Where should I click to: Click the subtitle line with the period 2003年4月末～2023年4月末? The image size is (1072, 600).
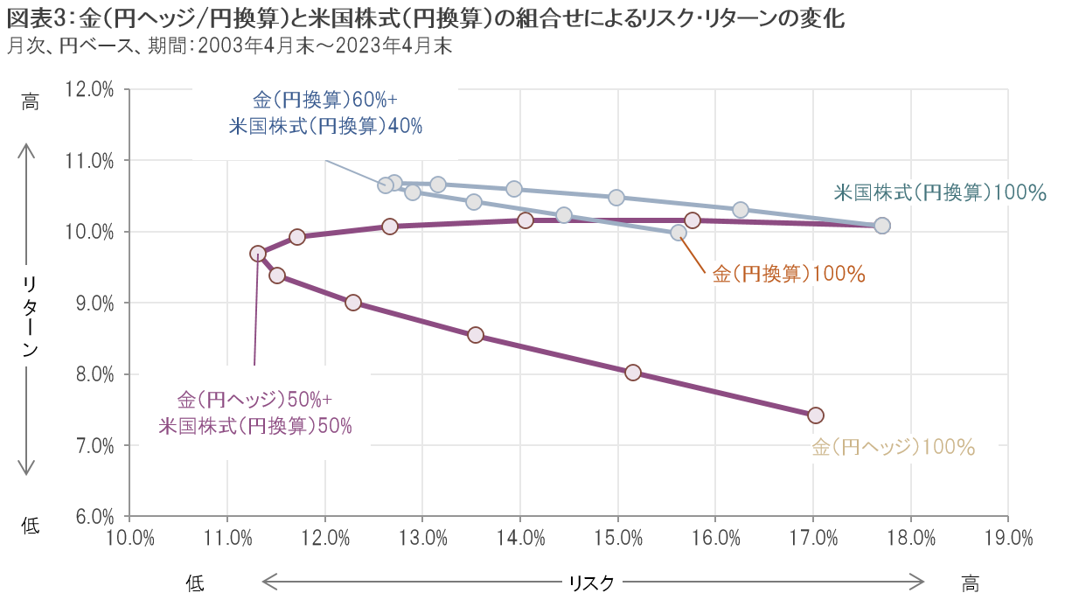click(x=228, y=46)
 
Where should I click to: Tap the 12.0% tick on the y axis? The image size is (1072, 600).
click(x=89, y=89)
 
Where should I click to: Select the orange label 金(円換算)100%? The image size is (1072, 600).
click(x=789, y=274)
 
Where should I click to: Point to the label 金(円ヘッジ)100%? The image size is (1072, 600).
click(x=893, y=447)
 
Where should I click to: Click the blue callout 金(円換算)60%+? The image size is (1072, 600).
click(x=325, y=100)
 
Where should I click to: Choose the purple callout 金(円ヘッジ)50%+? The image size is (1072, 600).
click(x=254, y=401)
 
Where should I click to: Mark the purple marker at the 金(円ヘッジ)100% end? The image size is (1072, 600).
click(x=815, y=415)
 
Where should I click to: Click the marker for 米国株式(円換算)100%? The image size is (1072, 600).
click(x=882, y=226)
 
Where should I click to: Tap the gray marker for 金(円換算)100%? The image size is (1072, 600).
click(x=679, y=232)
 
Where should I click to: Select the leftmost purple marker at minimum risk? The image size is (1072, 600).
click(x=258, y=254)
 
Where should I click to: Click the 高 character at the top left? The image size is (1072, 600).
click(x=30, y=101)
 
